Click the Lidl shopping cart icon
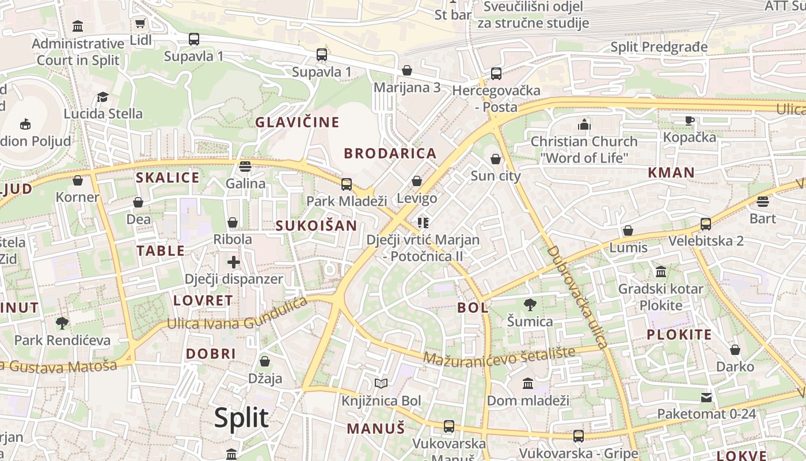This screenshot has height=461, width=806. pos(140,24)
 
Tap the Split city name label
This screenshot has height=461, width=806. pos(241,417)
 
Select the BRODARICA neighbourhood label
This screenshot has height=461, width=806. pos(390,153)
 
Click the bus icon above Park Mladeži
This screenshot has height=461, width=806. pos(347,184)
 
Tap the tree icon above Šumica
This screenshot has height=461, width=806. pos(530,305)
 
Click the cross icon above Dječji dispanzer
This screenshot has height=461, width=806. pos(233,263)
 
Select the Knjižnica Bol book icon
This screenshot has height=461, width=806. pos(381,384)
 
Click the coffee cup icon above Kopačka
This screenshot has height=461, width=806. pos(690,120)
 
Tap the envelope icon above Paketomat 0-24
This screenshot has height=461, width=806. pos(706,398)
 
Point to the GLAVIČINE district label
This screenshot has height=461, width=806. pos(297,122)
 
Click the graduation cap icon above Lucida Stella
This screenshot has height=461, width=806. pos(102,97)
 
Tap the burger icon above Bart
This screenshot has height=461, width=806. pos(763,202)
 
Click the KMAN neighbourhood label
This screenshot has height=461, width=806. pos(671,172)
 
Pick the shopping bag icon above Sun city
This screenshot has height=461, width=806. pos(495,159)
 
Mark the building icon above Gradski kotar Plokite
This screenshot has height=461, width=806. pos(661,271)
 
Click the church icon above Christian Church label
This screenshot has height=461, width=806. pos(584,124)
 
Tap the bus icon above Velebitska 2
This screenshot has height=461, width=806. pos(706,224)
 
